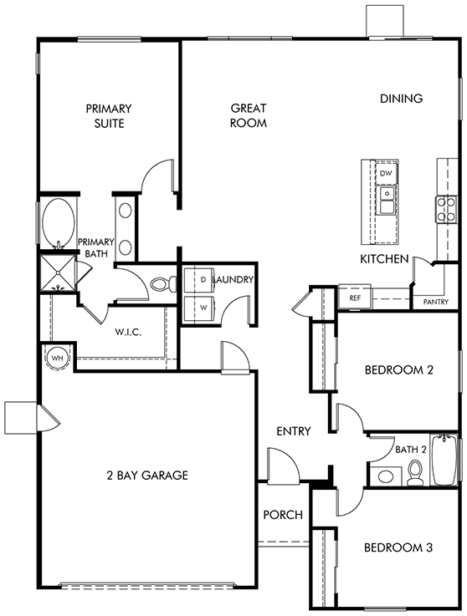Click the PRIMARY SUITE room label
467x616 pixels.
click(x=109, y=115)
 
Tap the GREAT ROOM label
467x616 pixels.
click(x=249, y=115)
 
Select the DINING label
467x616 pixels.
click(x=401, y=99)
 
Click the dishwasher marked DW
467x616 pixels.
click(x=386, y=173)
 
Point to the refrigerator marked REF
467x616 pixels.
click(x=355, y=298)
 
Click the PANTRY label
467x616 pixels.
click(x=436, y=302)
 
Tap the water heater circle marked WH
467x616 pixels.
click(x=58, y=358)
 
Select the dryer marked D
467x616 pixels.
click(x=199, y=280)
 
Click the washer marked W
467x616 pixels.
click(x=199, y=308)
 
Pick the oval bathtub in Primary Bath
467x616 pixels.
click(x=59, y=222)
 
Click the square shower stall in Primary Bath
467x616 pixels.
click(x=59, y=273)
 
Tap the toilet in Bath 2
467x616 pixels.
click(x=414, y=472)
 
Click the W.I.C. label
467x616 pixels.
click(x=128, y=333)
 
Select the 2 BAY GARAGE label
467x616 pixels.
click(x=147, y=476)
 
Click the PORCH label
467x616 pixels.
click(x=283, y=515)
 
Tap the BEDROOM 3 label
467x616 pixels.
click(x=398, y=547)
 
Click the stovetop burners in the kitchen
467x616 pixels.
click(x=446, y=209)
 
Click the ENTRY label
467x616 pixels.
click(x=294, y=431)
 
